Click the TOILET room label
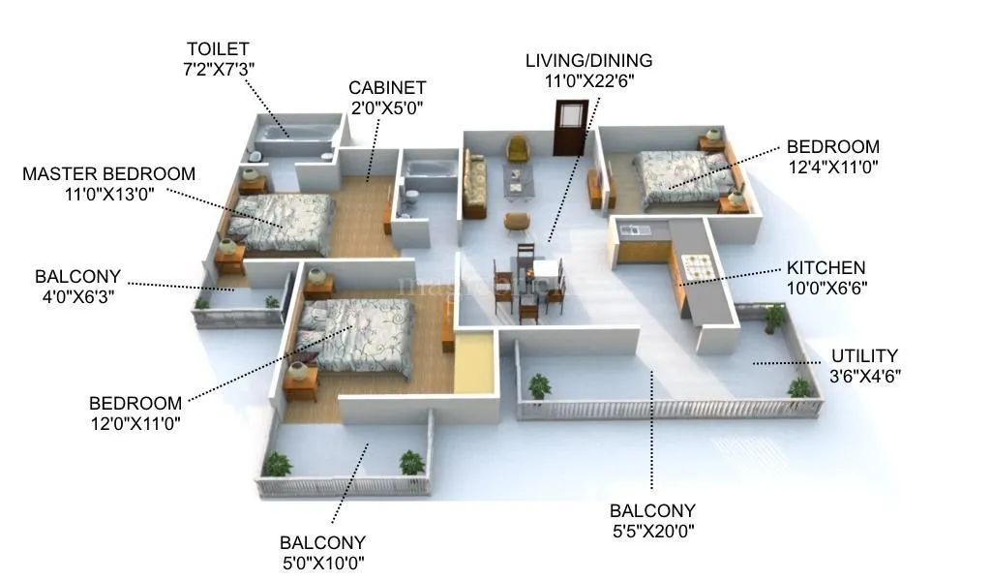(x=218, y=47)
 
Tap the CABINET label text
(x=387, y=88)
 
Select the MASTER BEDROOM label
(x=108, y=174)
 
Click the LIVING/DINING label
(x=588, y=61)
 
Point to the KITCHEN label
(x=826, y=268)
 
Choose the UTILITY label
(x=864, y=356)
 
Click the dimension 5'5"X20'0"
(x=651, y=530)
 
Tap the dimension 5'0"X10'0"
(x=322, y=562)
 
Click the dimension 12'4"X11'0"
(x=832, y=166)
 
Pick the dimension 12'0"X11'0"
(x=135, y=422)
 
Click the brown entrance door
(x=569, y=127)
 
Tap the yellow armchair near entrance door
(x=518, y=148)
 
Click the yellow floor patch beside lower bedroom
(x=473, y=363)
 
